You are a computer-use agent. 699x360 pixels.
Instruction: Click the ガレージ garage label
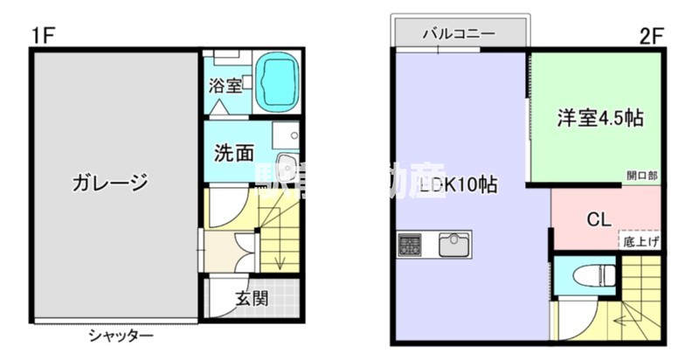point(110,183)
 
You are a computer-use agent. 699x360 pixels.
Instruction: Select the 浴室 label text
point(225,87)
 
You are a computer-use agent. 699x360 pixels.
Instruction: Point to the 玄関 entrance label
point(252,298)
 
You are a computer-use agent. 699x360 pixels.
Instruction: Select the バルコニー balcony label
point(460,34)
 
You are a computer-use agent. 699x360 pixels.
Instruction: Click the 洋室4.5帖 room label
point(601,119)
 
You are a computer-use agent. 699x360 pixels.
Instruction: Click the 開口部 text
point(642,176)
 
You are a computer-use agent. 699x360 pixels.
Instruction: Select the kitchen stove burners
point(409,244)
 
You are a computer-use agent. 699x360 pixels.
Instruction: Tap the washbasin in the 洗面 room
point(285,170)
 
